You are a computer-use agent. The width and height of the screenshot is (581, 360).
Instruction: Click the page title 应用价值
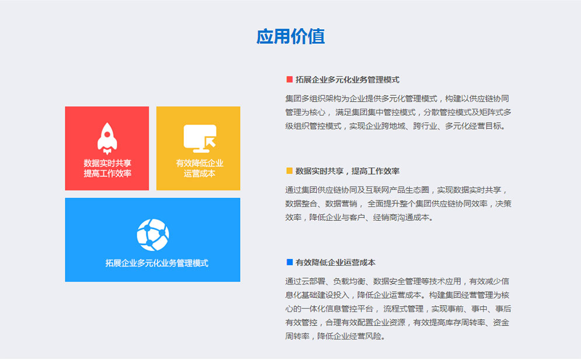tap(291, 36)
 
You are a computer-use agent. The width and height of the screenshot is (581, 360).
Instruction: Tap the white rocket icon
tap(107, 139)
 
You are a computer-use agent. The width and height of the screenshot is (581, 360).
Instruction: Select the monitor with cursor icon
tap(200, 139)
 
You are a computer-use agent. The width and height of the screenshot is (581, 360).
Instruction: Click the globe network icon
tap(152, 235)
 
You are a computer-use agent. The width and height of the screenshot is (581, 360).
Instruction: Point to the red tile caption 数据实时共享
tap(107, 163)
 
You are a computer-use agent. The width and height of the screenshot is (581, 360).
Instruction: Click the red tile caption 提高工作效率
tap(107, 174)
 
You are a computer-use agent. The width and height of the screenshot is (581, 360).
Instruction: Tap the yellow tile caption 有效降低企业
tap(200, 163)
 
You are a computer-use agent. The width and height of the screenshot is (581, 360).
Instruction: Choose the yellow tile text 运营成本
tap(200, 174)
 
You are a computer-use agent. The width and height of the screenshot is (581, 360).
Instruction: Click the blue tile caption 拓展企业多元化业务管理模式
tap(156, 263)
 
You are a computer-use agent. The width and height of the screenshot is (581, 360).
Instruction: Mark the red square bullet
tap(290, 79)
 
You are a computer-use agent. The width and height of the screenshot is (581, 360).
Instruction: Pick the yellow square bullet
tap(290, 171)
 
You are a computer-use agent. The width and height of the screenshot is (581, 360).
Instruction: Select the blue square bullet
tap(290, 262)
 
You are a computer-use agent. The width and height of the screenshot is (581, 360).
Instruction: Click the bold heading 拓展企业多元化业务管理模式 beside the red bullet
tap(347, 79)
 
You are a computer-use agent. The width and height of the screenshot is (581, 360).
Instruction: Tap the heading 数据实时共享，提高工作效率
tap(347, 171)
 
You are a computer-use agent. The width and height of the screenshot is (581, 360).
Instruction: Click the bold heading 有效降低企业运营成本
tap(335, 262)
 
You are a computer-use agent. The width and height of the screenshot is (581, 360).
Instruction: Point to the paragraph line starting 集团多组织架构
tap(397, 99)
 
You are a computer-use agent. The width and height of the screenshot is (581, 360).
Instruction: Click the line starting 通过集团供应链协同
tap(396, 190)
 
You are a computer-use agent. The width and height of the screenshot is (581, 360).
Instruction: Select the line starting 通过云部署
tap(397, 282)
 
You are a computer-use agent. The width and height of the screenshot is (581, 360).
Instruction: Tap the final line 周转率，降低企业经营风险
tap(335, 336)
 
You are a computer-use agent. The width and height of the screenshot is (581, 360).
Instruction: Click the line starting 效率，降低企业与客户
tap(359, 217)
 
